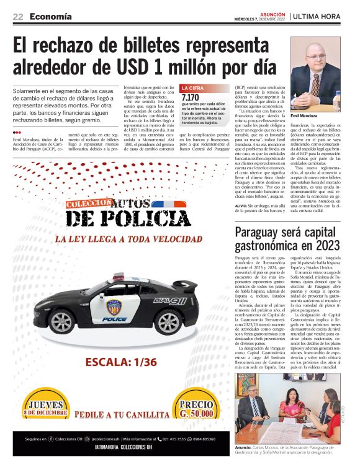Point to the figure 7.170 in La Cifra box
(191, 98)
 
